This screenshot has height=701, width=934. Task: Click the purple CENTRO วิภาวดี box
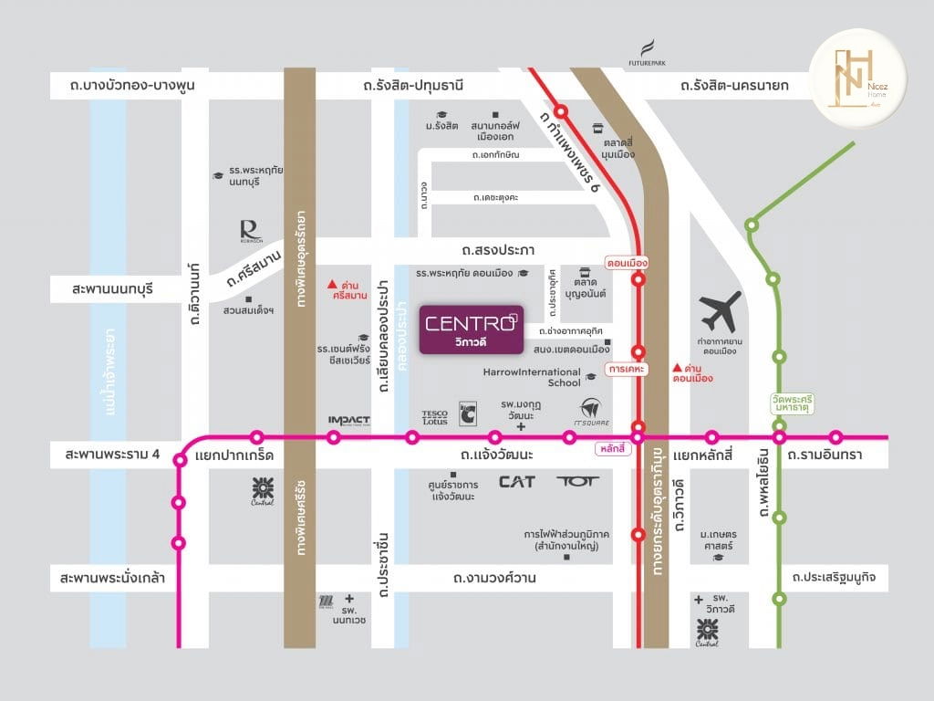pos(471,330)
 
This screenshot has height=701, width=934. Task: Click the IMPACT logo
pos(348,420)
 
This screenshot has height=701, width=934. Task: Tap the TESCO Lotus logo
pos(435,417)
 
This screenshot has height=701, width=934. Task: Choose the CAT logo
pos(516,481)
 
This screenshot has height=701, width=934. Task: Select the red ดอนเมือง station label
pos(627,263)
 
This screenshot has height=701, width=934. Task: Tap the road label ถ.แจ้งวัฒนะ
pos(497,454)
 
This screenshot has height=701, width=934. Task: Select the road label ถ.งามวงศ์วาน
pos(493,578)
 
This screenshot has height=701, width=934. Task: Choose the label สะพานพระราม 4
pos(119,454)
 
